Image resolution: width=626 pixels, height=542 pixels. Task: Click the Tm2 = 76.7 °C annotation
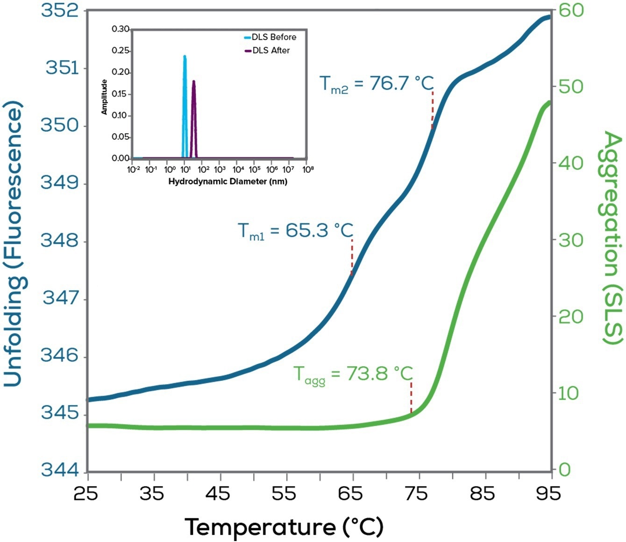[377, 84]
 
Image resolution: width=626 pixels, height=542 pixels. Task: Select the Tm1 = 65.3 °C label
[295, 231]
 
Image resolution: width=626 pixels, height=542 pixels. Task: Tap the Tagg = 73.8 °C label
[353, 374]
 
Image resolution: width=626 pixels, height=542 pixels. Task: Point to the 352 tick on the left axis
[59, 10]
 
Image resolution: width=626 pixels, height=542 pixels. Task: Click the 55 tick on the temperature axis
[286, 493]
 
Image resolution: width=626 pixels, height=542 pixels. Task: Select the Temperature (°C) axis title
[284, 527]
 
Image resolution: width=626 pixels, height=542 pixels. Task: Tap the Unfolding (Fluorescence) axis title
[14, 245]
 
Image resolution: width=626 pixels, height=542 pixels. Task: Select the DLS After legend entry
[271, 50]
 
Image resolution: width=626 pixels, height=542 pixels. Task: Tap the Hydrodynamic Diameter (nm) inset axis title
[228, 181]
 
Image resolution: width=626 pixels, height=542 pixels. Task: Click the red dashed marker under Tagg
[411, 398]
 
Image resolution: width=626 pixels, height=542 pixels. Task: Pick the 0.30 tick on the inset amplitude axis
[121, 29]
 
